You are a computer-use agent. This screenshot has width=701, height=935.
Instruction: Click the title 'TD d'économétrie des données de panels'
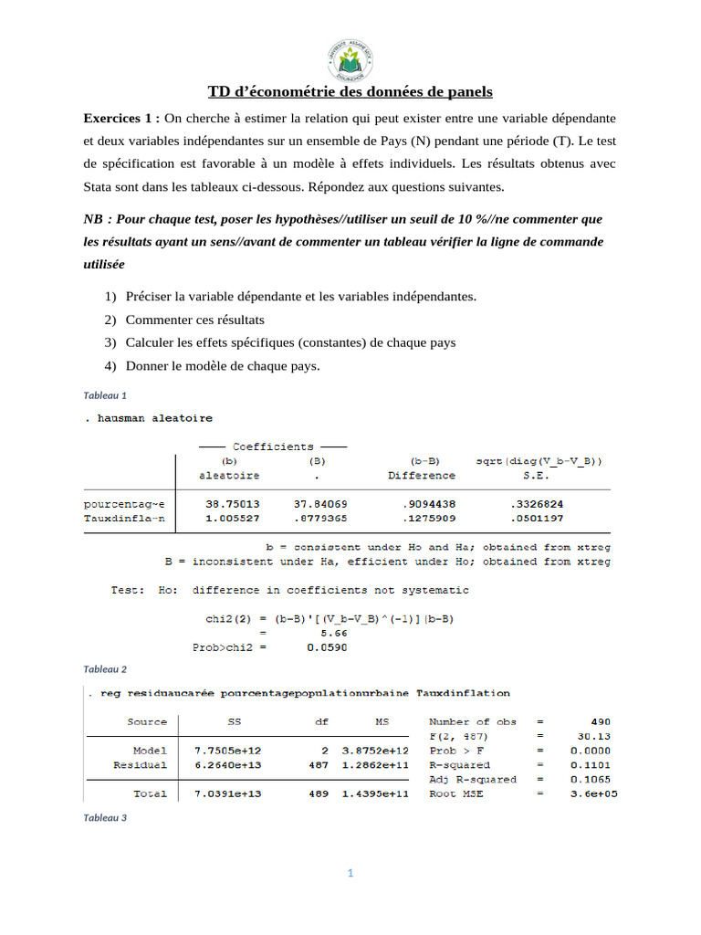click(x=350, y=91)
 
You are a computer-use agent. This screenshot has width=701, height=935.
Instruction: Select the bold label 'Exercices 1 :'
click(x=121, y=119)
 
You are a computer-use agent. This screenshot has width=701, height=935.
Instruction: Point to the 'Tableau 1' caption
click(x=104, y=395)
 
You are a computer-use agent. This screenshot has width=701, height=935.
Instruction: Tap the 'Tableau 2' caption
click(x=104, y=669)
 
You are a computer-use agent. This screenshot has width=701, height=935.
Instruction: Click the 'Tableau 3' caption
click(x=104, y=818)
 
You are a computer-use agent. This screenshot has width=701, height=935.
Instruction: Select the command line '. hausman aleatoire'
click(x=148, y=418)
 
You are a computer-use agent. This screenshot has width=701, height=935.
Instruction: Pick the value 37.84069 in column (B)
click(x=319, y=504)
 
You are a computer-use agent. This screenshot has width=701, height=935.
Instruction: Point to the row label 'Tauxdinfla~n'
click(x=124, y=519)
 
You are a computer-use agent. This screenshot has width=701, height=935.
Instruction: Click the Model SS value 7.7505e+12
click(x=227, y=751)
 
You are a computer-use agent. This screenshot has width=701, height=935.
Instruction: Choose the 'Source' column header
click(x=147, y=721)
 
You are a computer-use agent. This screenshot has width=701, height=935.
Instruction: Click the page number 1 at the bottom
click(x=350, y=874)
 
